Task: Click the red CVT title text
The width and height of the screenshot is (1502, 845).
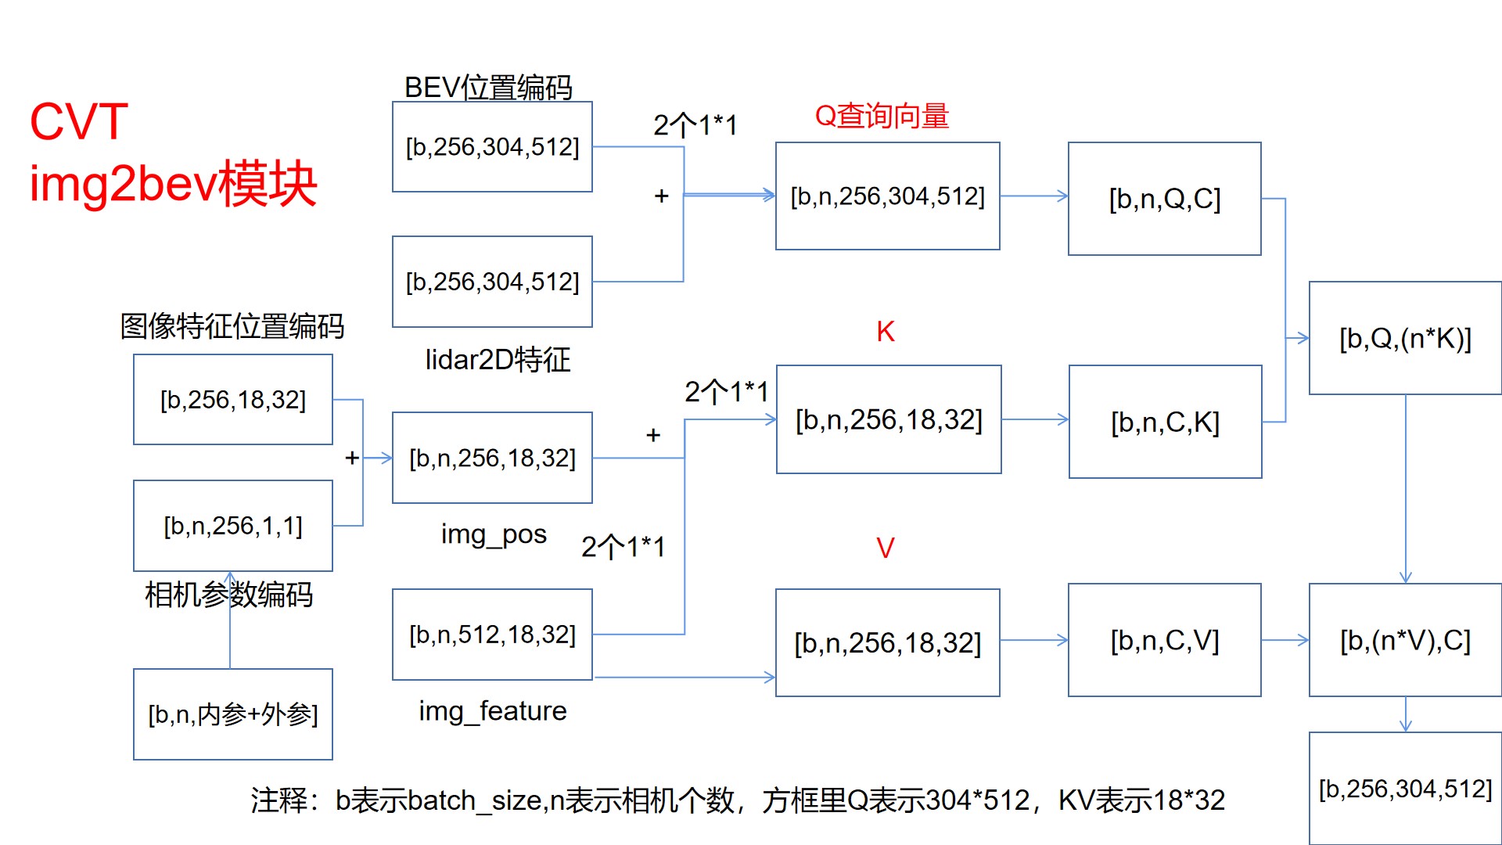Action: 79,122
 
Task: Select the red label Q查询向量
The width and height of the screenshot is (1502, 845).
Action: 882,116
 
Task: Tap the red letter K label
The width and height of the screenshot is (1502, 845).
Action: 885,332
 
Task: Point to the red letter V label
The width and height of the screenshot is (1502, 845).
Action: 885,548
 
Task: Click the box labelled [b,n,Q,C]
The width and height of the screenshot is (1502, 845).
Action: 1164,199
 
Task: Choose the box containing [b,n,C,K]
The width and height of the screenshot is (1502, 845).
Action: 1165,422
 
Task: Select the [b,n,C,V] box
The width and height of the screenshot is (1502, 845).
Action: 1164,640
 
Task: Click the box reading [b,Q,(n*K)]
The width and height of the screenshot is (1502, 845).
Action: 1405,338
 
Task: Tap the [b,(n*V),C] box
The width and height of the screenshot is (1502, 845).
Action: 1405,640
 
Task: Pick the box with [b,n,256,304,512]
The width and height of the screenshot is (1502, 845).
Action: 887,196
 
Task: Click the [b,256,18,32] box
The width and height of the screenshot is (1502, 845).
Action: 233,400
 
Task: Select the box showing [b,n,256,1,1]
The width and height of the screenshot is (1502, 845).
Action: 233,526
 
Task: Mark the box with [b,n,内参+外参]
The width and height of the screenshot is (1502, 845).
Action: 233,714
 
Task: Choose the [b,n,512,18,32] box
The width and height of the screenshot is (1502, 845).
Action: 492,635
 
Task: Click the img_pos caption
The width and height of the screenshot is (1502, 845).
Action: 494,534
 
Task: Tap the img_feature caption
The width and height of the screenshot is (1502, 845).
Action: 493,710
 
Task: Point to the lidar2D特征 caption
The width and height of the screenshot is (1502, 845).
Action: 498,360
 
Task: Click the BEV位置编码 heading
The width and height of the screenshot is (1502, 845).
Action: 488,87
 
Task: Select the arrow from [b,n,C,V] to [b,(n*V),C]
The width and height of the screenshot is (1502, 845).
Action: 1285,640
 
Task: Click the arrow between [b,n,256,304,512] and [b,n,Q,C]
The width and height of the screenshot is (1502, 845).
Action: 1033,196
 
